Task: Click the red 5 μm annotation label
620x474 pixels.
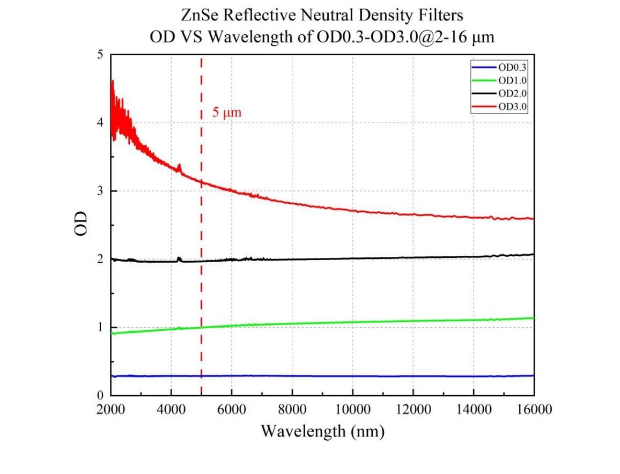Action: coord(227,114)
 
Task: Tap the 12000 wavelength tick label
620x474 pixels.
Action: coord(412,410)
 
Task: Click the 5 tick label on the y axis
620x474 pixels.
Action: coord(100,55)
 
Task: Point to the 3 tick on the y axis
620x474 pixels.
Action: coord(100,191)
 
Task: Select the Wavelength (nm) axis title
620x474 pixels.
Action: coord(322,431)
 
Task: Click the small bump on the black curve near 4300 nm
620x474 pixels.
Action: coord(180,259)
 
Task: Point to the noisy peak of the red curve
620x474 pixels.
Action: coord(112,82)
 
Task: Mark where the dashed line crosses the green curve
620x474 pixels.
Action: coord(201,327)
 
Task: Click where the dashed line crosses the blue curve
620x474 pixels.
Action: coord(201,376)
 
